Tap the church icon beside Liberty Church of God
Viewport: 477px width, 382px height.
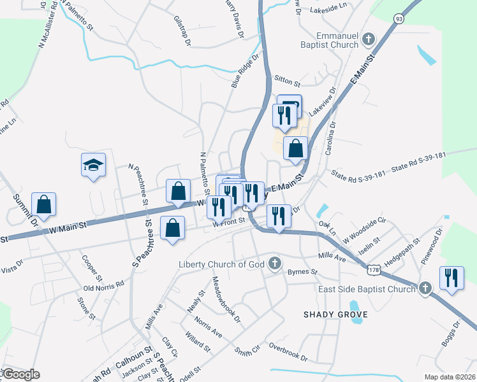tap(275, 264)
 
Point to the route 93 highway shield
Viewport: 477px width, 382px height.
tap(399, 19)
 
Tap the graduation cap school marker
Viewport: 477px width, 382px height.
tap(93, 166)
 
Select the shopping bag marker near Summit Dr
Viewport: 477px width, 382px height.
tap(43, 204)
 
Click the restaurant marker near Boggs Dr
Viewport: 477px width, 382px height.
tap(451, 278)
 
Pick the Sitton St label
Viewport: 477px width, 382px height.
tap(286, 83)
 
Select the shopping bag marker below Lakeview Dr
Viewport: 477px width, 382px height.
tap(295, 148)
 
